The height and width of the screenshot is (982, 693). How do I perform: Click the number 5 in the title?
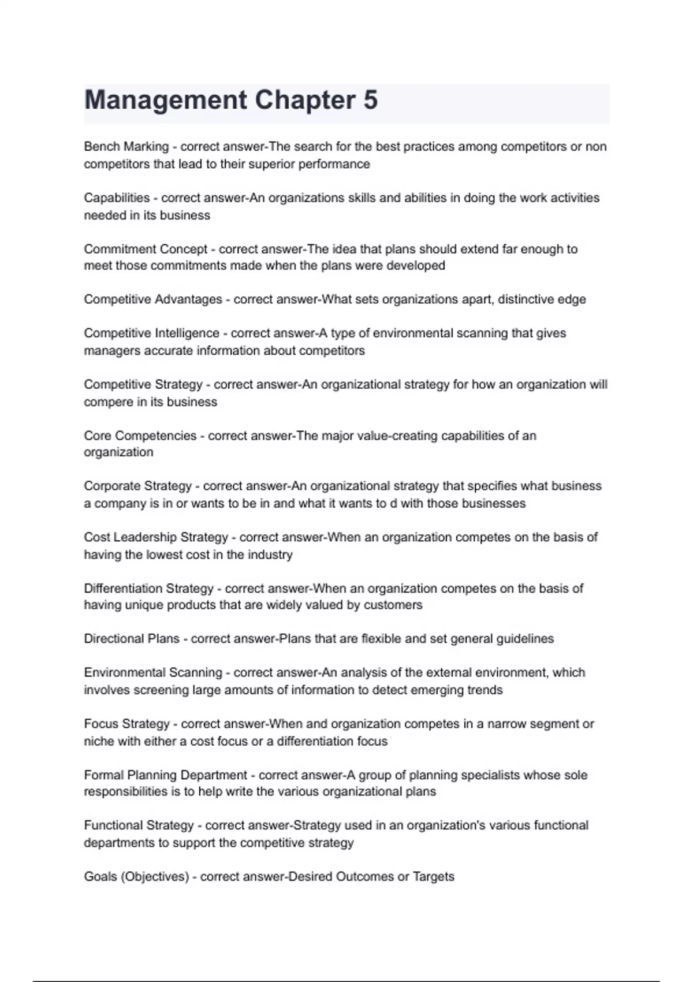point(370,100)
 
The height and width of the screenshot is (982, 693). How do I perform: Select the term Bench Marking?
point(126,147)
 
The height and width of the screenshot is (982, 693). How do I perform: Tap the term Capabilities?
point(117,198)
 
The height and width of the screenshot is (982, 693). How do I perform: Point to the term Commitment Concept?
point(146,249)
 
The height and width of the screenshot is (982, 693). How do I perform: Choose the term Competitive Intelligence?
point(151,333)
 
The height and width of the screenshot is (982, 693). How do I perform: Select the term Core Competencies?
point(140,436)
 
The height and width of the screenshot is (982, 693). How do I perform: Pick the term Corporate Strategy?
point(137,486)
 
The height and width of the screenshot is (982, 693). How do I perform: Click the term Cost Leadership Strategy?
point(156,537)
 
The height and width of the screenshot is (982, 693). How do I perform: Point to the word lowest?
point(163,555)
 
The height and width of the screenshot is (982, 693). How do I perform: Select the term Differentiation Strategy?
point(148,589)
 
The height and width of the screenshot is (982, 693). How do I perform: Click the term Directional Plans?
point(132,639)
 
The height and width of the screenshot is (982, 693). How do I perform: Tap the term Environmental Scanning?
point(153,672)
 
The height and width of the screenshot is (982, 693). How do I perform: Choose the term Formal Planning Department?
point(165,775)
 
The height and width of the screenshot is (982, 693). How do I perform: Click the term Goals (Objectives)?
point(136,877)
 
